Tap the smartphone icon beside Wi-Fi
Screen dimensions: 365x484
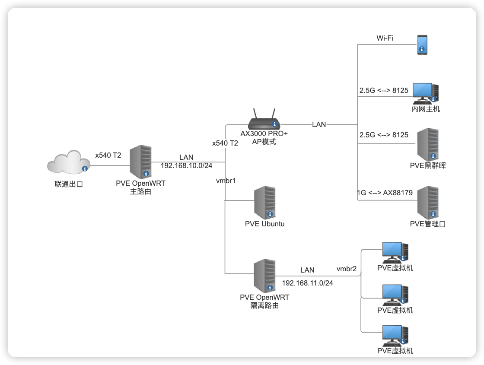click(x=422, y=44)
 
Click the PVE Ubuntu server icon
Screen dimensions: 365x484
click(x=264, y=203)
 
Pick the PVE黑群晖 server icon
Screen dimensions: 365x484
click(x=427, y=144)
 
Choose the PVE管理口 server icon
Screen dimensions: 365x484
click(x=427, y=203)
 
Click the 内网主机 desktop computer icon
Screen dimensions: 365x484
click(x=425, y=93)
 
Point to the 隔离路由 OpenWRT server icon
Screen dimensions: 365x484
click(x=264, y=276)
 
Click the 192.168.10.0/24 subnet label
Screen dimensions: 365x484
click(x=187, y=165)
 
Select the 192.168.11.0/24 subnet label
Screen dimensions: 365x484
click(x=307, y=283)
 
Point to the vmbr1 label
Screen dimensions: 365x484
click(x=226, y=181)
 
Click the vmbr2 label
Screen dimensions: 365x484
click(x=347, y=269)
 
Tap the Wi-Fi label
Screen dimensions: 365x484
click(x=385, y=38)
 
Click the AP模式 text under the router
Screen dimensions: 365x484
click(x=264, y=142)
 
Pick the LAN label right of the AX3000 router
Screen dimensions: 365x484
click(x=319, y=124)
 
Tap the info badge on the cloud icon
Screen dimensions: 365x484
click(x=85, y=168)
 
